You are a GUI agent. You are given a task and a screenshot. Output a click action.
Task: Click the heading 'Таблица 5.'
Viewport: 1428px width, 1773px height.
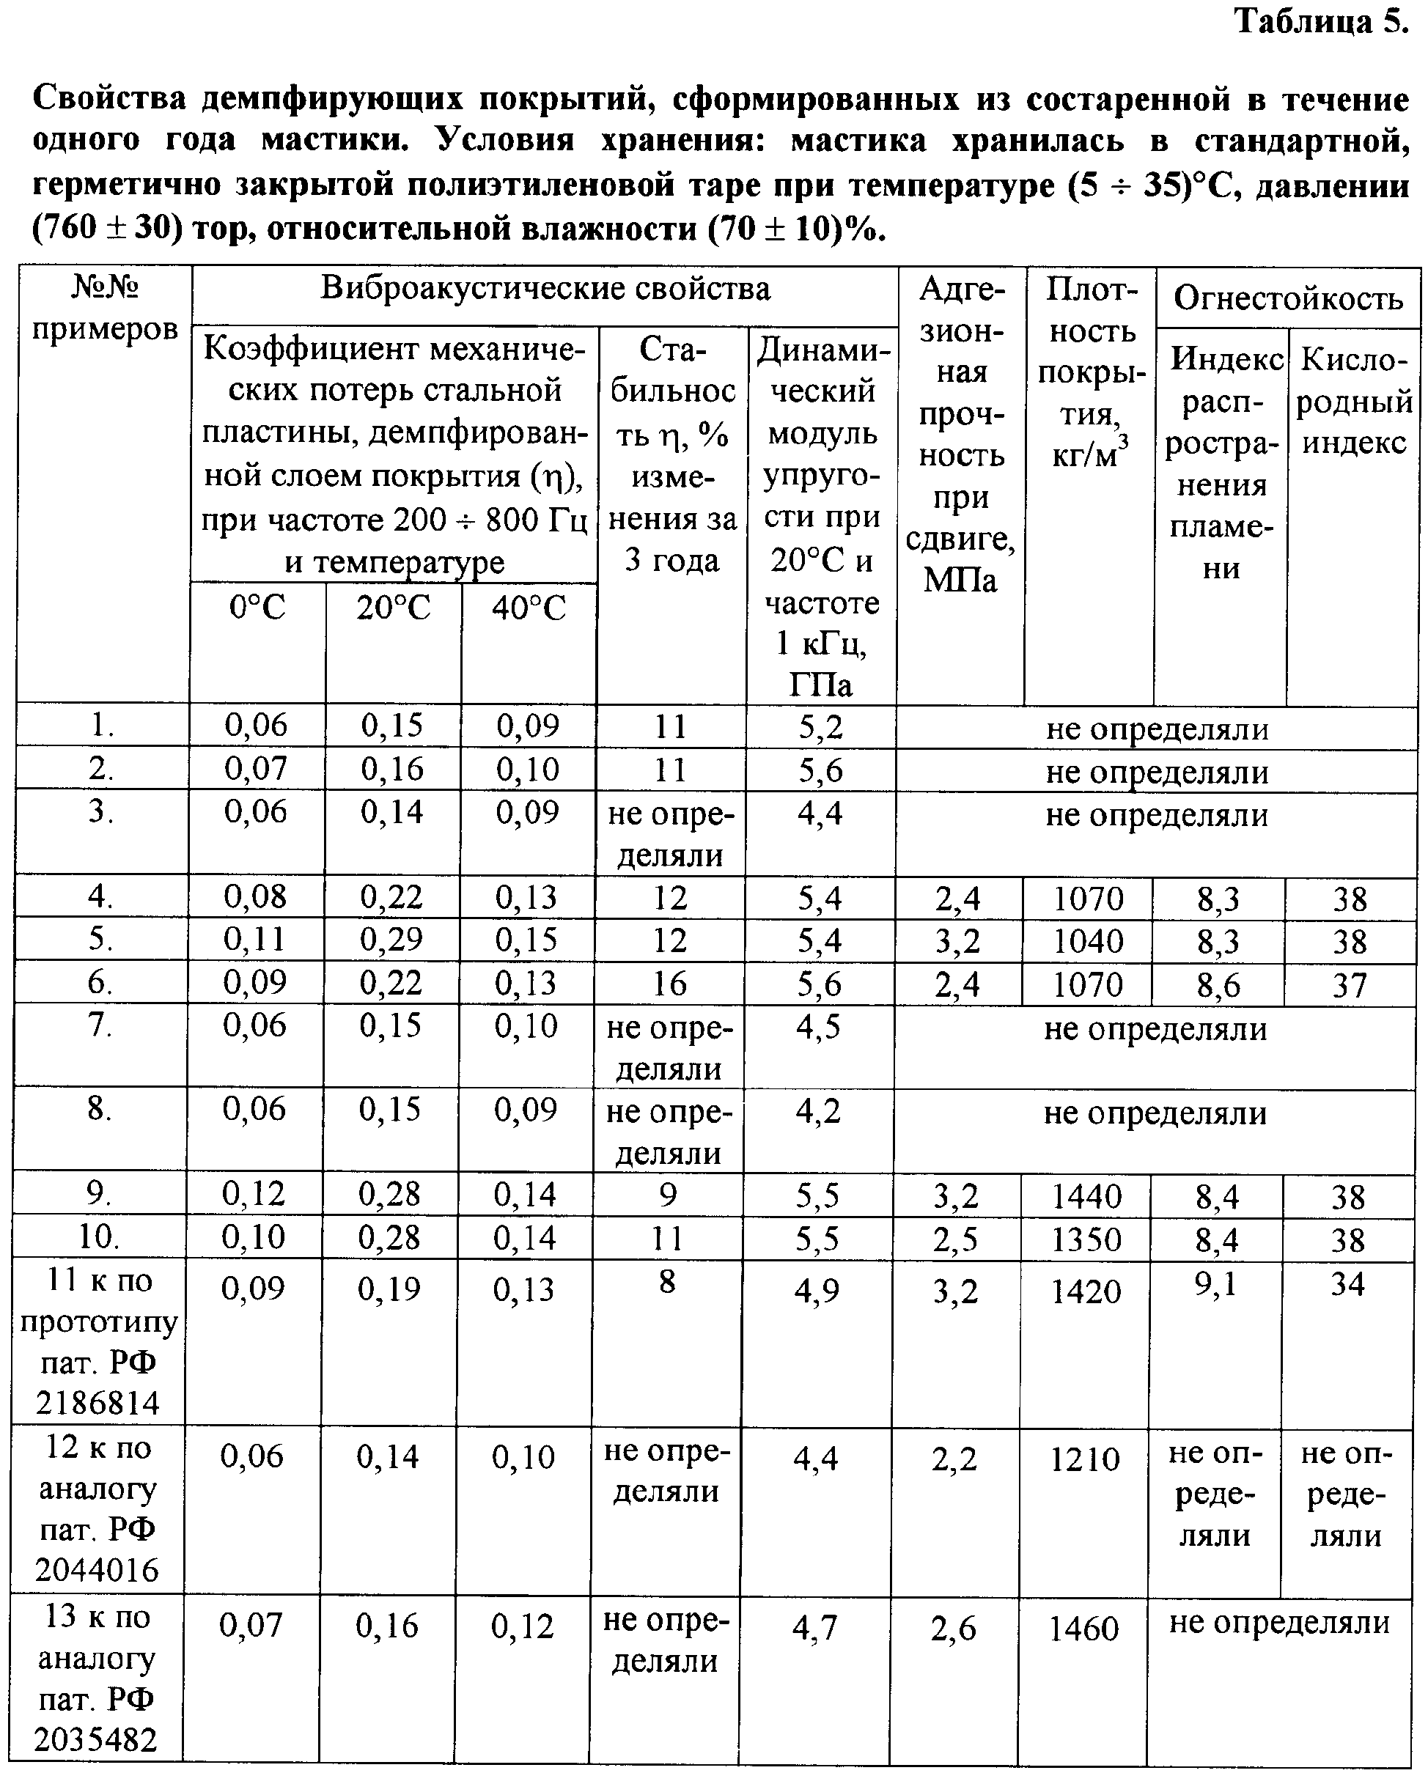(x=1322, y=21)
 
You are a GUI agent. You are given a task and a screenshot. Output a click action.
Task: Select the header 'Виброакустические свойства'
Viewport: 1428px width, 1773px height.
(x=545, y=289)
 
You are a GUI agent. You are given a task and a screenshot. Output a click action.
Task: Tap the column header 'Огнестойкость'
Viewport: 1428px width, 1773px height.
(x=1287, y=297)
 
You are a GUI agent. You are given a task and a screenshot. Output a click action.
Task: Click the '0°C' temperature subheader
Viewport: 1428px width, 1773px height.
(x=257, y=608)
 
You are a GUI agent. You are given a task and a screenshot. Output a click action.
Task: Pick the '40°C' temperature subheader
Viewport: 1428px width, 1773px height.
(x=529, y=608)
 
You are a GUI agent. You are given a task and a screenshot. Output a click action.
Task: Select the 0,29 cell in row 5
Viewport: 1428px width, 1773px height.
(x=391, y=939)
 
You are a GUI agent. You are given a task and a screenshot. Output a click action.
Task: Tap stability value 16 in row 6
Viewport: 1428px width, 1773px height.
(x=669, y=984)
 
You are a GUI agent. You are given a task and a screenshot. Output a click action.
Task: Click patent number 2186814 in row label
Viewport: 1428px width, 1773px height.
(x=97, y=1402)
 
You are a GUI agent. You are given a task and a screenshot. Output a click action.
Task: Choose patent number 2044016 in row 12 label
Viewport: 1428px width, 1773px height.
(x=96, y=1570)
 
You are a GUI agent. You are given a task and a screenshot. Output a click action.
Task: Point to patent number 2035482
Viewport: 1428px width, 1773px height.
(x=95, y=1739)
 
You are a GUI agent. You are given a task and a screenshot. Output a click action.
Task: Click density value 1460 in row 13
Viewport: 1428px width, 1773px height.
(x=1083, y=1629)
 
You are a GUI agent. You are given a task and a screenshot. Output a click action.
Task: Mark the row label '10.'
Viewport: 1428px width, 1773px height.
(x=99, y=1236)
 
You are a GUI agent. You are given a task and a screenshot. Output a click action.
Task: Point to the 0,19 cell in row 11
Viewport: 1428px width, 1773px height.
(x=389, y=1289)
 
